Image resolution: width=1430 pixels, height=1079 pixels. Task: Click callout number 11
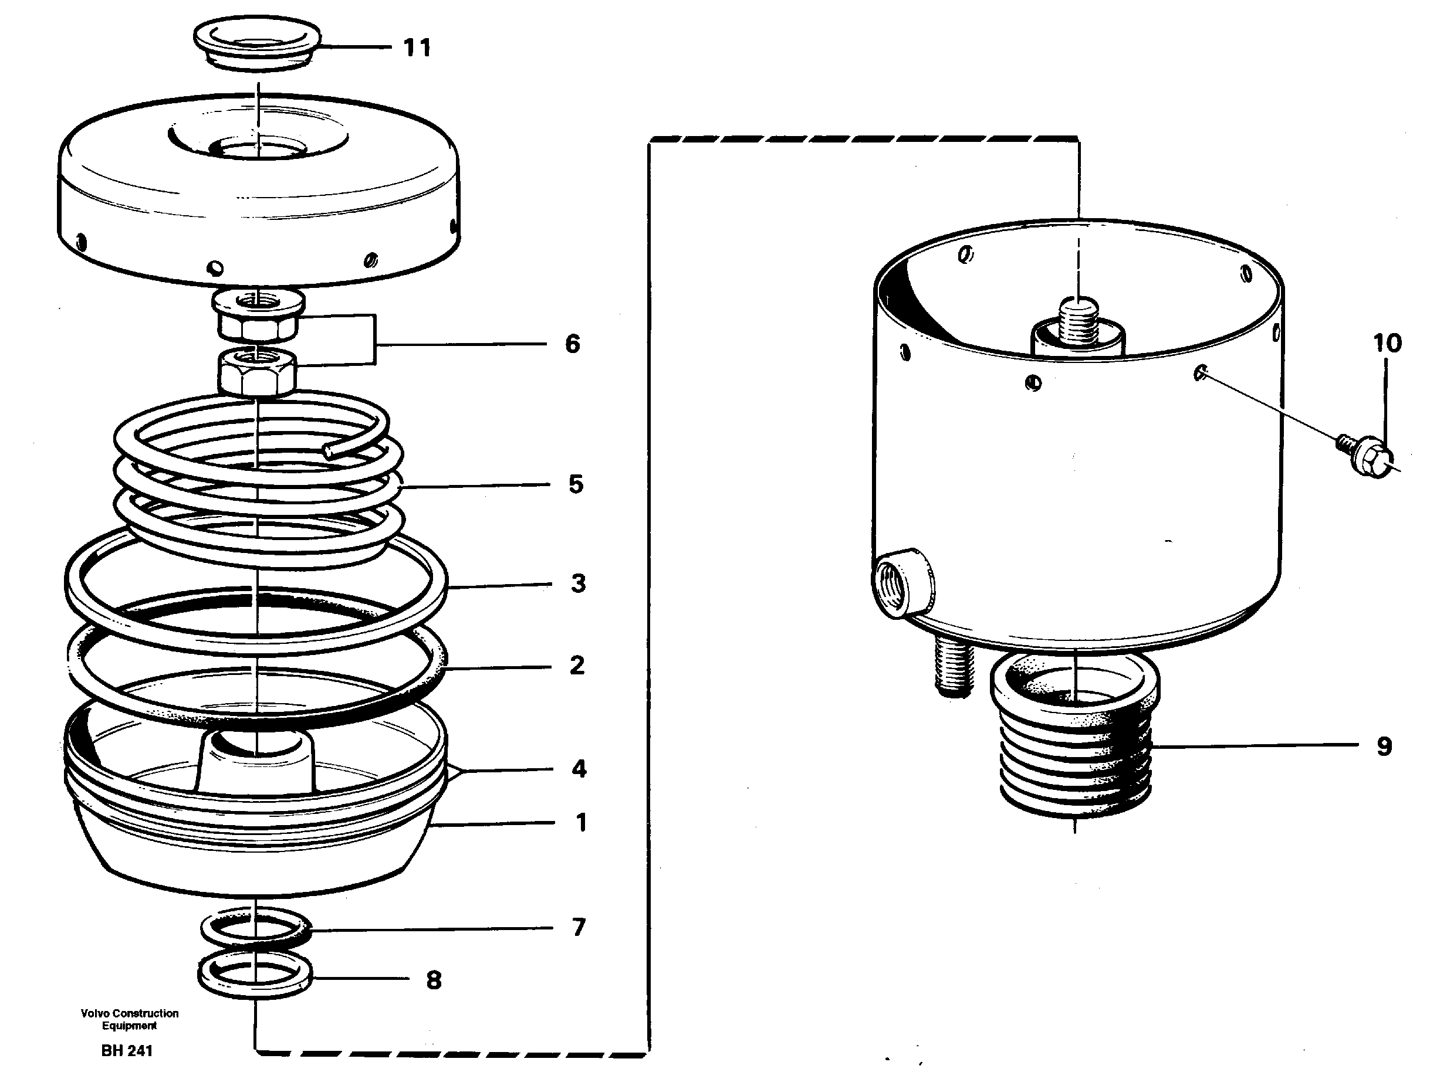[417, 48]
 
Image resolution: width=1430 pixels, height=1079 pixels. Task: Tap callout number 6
[572, 344]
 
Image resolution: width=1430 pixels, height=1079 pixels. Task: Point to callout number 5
[576, 484]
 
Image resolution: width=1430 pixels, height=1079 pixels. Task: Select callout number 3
[578, 583]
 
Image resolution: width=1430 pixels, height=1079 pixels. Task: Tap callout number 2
[577, 666]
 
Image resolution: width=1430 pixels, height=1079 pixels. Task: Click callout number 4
[579, 769]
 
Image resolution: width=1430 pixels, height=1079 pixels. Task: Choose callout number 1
[580, 823]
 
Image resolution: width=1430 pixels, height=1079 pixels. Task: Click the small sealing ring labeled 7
[256, 929]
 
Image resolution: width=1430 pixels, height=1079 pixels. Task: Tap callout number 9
[1384, 747]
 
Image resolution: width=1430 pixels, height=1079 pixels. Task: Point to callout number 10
[1387, 343]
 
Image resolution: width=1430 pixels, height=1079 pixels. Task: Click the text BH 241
[127, 1051]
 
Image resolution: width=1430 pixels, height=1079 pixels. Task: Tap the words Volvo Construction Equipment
[129, 1019]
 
